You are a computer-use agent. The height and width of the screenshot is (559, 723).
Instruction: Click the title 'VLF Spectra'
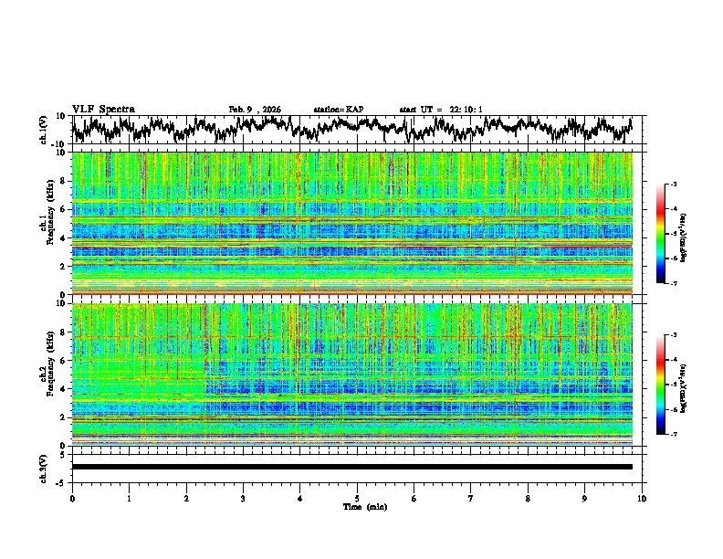click(x=103, y=109)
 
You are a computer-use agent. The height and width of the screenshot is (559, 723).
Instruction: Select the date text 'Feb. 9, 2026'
click(x=255, y=110)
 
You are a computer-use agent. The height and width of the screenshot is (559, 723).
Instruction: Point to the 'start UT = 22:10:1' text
click(x=441, y=110)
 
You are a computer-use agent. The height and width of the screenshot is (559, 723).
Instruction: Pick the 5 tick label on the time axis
click(x=357, y=498)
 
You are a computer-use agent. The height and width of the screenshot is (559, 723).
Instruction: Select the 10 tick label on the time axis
click(x=642, y=498)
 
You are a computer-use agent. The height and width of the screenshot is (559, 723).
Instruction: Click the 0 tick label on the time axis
click(x=72, y=498)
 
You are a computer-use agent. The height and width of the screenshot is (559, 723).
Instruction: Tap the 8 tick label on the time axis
click(x=528, y=498)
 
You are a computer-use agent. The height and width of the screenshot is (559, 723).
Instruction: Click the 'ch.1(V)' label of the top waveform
click(x=44, y=130)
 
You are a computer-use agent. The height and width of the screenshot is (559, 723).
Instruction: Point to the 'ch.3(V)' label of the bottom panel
click(x=44, y=467)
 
